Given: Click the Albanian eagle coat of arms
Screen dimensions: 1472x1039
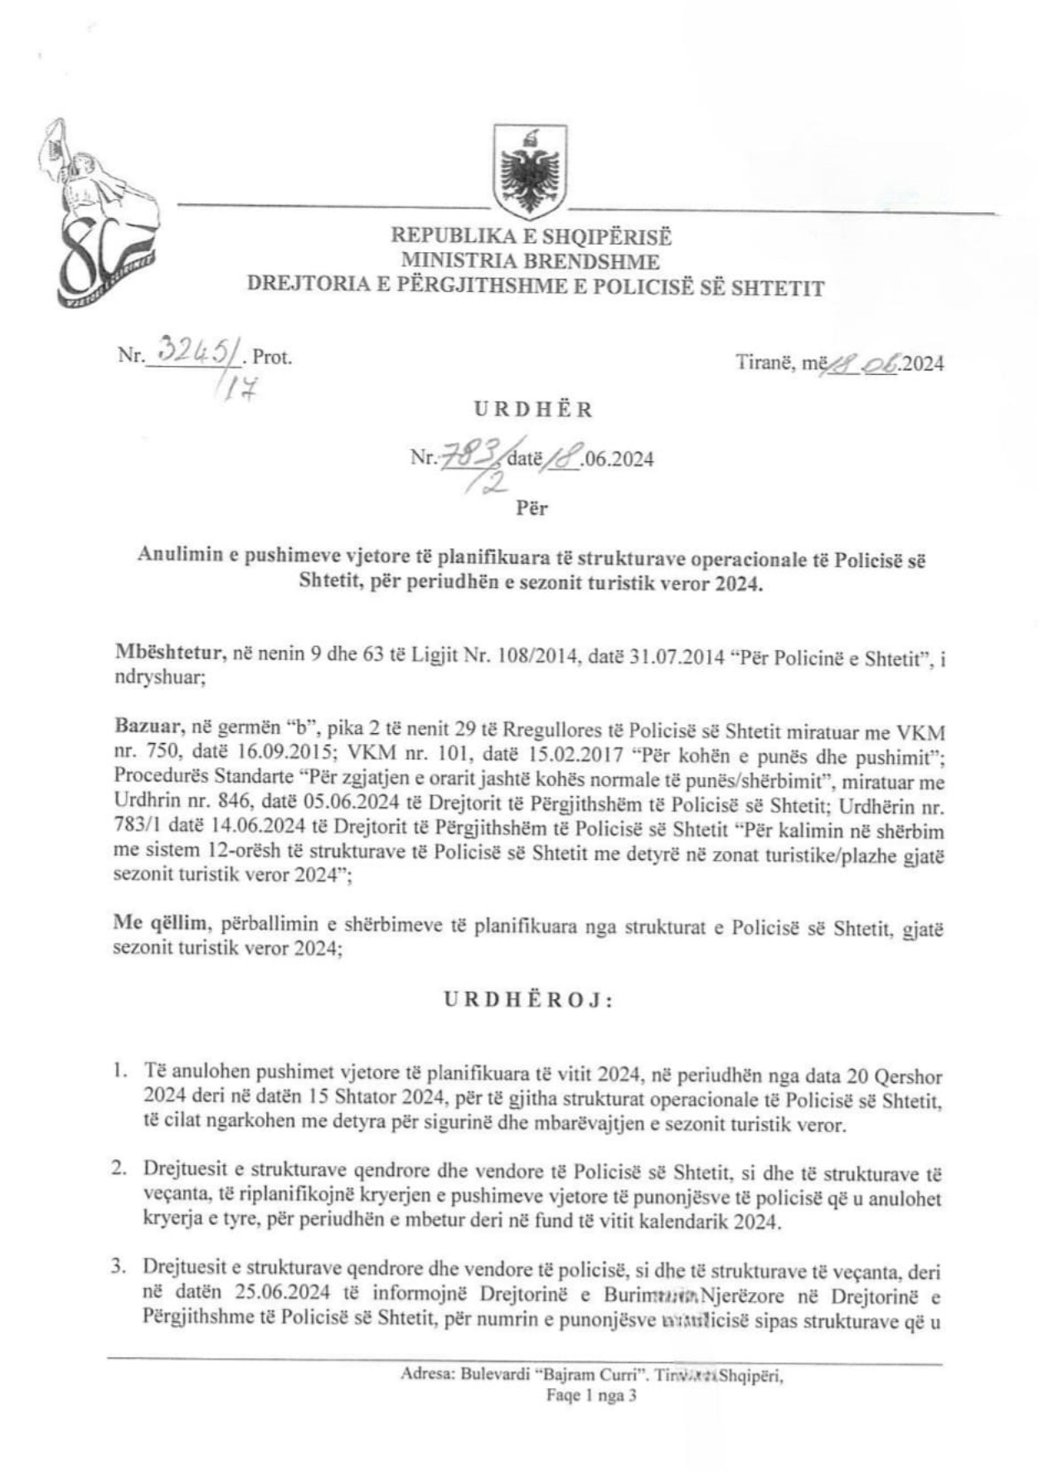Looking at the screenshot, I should tap(530, 172).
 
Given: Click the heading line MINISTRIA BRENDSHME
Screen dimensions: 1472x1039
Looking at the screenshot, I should tap(531, 261).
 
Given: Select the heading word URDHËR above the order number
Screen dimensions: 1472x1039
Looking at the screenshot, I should tap(533, 409).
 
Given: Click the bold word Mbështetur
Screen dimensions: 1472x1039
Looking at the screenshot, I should tap(169, 653).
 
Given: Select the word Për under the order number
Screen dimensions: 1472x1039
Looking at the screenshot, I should tap(532, 508).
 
